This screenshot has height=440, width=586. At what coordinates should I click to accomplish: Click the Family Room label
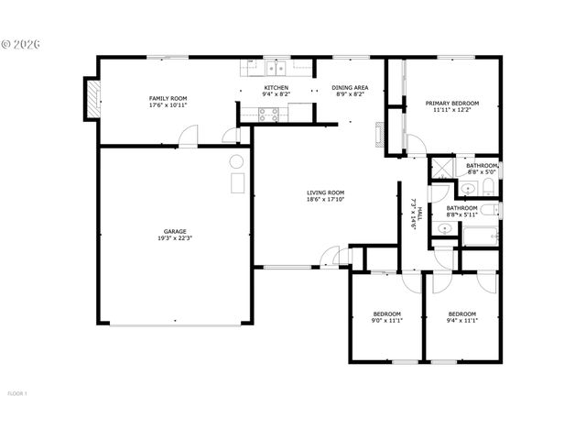[168, 98]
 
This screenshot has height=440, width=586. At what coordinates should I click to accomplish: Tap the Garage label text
[176, 231]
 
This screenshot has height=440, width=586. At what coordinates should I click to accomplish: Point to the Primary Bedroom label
[452, 104]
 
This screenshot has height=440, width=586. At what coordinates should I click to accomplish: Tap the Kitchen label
[276, 87]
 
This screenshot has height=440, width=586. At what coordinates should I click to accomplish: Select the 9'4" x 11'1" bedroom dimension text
[461, 320]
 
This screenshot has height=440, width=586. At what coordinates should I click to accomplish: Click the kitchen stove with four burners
[269, 115]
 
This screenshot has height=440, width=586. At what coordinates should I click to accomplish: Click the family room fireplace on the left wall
[91, 99]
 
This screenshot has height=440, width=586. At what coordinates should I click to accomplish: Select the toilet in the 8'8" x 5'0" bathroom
[486, 188]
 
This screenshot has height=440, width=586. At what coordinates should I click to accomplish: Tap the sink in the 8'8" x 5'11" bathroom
[444, 228]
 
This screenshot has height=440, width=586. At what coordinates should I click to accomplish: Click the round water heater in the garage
[235, 162]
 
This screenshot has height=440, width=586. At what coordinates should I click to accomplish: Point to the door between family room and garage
[188, 137]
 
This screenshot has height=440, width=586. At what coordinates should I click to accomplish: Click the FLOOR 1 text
[17, 394]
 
